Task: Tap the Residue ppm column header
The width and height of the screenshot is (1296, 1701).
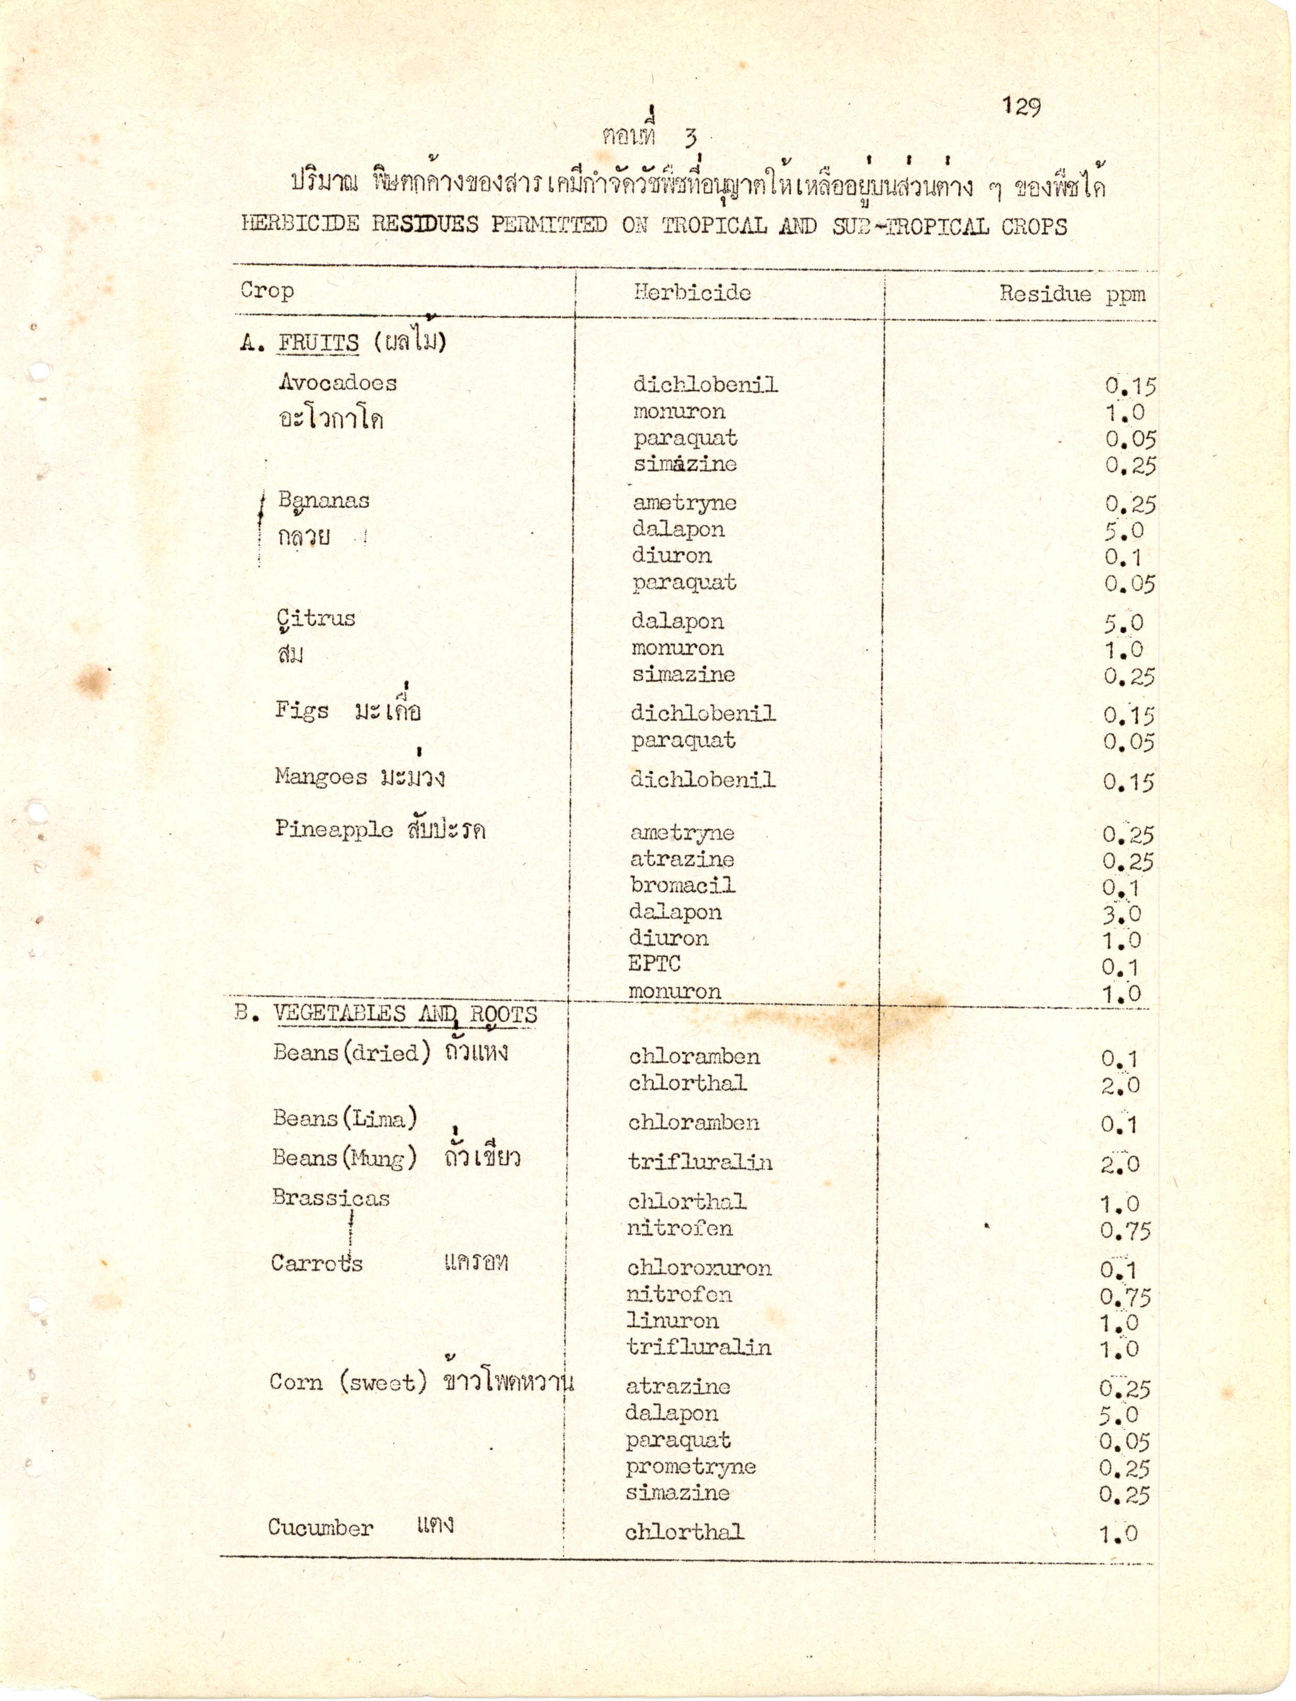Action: [1072, 294]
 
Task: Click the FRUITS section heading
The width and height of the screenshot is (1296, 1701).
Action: [318, 343]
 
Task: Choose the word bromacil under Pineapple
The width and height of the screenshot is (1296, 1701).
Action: [682, 885]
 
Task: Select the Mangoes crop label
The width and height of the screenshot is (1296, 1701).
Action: [321, 777]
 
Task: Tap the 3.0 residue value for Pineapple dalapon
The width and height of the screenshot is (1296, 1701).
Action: [1121, 914]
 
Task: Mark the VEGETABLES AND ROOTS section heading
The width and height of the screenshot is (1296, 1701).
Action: [405, 1014]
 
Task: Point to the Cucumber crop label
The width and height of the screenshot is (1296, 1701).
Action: [320, 1528]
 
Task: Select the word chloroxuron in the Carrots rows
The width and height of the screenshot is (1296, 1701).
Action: [699, 1268]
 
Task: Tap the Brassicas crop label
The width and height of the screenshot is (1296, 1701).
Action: [331, 1198]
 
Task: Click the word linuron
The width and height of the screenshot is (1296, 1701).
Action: [673, 1320]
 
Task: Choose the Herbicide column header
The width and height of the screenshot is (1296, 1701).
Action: [692, 292]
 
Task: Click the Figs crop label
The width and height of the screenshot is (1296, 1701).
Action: [302, 710]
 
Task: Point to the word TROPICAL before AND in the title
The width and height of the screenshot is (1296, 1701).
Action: [713, 225]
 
